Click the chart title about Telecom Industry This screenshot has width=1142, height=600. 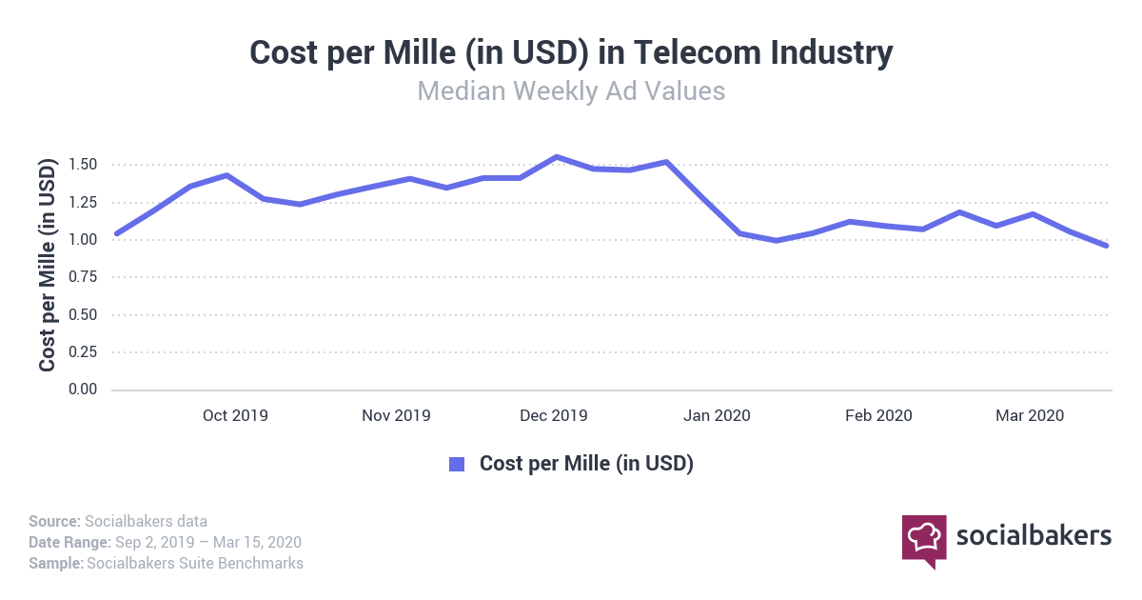click(571, 52)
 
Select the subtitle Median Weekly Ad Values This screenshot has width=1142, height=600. click(571, 91)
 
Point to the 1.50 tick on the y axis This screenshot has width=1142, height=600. click(84, 165)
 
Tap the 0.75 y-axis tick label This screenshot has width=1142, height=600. click(84, 277)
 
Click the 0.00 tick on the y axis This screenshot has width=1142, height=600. click(84, 390)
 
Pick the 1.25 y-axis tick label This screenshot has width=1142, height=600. click(84, 202)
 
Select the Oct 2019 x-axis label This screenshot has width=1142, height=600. click(236, 415)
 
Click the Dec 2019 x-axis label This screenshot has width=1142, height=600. click(554, 415)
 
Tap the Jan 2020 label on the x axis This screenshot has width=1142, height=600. click(718, 415)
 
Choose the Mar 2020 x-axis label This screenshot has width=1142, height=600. click(1030, 415)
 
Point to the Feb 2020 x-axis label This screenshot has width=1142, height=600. click(878, 415)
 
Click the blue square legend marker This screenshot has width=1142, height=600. click(457, 464)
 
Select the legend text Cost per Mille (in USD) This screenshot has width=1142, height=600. click(586, 464)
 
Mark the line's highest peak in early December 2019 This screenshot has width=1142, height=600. click(557, 157)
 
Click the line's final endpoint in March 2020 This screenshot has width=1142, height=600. click(1107, 246)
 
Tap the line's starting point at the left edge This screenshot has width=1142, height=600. click(116, 233)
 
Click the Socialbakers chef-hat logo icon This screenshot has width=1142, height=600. click(924, 538)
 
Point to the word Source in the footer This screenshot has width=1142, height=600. click(53, 521)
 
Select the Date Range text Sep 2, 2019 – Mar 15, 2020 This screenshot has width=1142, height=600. click(208, 542)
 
